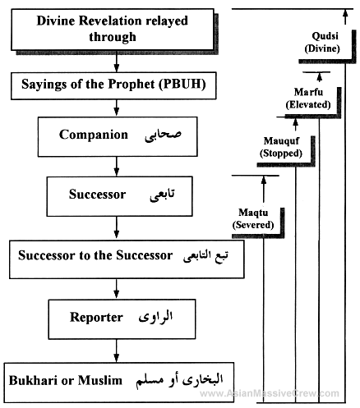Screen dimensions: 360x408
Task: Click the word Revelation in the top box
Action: [x=110, y=21]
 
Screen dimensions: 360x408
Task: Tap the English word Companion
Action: [x=94, y=135]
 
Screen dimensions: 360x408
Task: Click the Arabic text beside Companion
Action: [x=163, y=135]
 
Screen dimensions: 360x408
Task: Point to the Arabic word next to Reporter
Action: [x=155, y=317]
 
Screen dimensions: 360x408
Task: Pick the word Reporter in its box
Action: [x=96, y=318]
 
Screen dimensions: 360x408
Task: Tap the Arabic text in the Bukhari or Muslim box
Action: [x=179, y=381]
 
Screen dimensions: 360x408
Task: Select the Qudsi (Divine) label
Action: [x=322, y=42]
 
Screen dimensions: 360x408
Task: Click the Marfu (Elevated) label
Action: [x=308, y=99]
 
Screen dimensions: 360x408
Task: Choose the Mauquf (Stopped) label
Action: [x=281, y=147]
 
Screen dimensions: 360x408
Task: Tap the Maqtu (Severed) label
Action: [x=253, y=218]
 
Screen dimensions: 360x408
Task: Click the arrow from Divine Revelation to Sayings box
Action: [x=117, y=62]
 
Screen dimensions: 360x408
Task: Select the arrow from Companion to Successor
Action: [x=117, y=167]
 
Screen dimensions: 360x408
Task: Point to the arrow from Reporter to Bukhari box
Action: [x=117, y=351]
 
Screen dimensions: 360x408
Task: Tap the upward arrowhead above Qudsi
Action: [x=345, y=12]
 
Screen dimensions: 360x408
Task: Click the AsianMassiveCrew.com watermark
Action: [x=270, y=393]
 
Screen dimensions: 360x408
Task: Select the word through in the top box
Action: [x=113, y=37]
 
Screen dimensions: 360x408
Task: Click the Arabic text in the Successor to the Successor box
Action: [x=205, y=256]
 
